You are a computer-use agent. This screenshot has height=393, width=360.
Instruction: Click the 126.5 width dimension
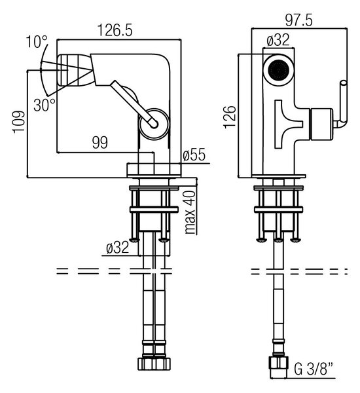click(115, 30)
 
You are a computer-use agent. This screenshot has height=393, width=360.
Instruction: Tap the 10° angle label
click(37, 42)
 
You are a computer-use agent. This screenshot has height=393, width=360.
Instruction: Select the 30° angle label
click(45, 105)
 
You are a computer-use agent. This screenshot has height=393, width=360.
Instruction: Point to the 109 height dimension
click(19, 122)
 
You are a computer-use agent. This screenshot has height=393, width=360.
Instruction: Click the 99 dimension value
click(100, 142)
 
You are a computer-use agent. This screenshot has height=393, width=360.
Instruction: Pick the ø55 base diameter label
click(194, 155)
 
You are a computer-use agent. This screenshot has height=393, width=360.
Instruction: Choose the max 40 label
click(190, 212)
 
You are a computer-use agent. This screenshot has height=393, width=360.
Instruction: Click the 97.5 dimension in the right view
click(299, 20)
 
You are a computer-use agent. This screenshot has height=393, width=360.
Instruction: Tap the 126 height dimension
click(230, 117)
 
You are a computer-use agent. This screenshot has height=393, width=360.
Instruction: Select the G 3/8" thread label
click(314, 369)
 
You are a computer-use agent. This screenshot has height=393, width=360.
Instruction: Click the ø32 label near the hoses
click(118, 248)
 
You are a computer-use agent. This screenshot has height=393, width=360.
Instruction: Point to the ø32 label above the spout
click(278, 40)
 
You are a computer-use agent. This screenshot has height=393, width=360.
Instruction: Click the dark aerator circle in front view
click(278, 69)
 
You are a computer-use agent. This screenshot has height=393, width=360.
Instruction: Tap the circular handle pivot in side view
click(154, 124)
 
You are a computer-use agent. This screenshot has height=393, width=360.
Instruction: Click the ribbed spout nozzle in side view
click(76, 69)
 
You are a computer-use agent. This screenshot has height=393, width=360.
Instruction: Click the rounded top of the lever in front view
click(343, 83)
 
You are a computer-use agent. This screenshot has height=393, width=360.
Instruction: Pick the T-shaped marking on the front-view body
click(289, 124)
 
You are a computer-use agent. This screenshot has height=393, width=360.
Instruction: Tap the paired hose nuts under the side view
click(154, 364)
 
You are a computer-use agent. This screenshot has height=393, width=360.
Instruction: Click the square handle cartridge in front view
click(321, 124)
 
